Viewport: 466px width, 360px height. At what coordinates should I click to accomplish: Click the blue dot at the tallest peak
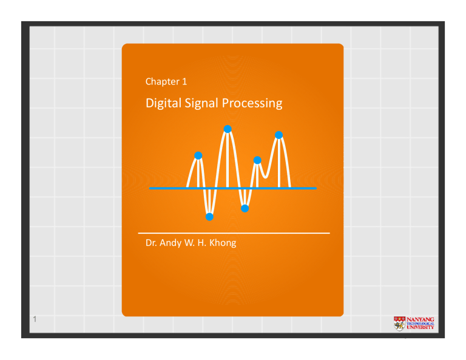[228, 128]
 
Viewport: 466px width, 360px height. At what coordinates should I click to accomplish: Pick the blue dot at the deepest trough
[209, 217]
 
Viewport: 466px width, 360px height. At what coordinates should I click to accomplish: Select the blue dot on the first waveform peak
[198, 155]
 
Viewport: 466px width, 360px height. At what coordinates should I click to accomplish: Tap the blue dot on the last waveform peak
[279, 135]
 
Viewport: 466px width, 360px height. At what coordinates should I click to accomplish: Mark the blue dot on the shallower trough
[245, 208]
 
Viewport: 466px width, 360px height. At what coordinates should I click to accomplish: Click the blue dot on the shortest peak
[257, 160]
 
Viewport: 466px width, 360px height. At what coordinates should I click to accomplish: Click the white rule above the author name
[234, 233]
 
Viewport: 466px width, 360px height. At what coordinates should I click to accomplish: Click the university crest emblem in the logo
[399, 323]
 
